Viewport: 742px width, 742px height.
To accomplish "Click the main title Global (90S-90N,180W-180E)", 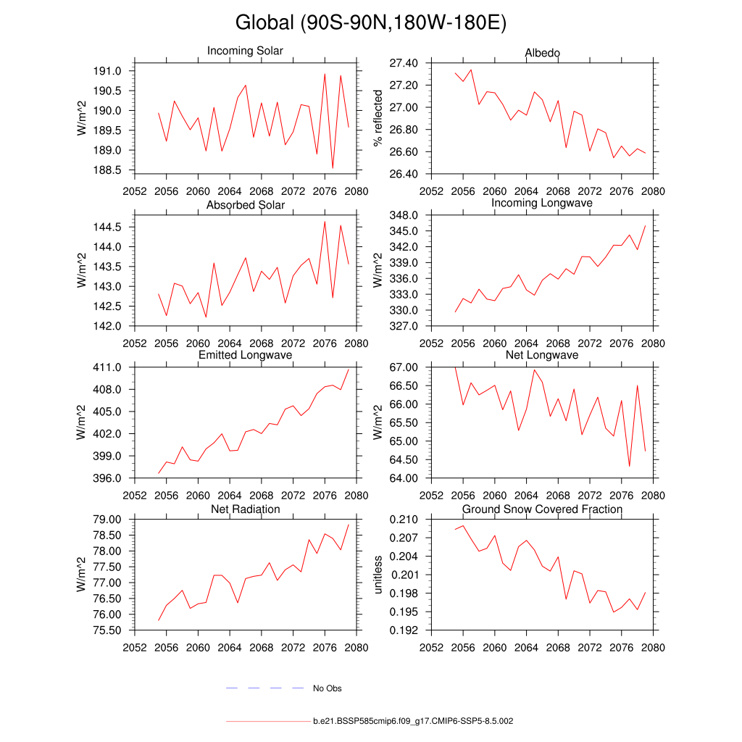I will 370,23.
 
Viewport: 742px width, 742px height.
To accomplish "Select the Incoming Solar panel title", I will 245,51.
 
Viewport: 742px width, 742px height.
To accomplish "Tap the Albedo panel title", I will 542,54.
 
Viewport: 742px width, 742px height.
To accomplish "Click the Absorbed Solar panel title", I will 245,205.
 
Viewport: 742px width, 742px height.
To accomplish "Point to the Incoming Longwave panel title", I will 542,204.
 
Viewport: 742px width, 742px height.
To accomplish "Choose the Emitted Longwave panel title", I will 245,355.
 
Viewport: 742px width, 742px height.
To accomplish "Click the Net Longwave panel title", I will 542,355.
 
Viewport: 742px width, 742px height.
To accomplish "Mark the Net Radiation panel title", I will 245,509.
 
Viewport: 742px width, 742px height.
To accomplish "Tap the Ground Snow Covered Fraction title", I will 542,509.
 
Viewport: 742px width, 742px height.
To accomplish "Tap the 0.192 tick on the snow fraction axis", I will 404,630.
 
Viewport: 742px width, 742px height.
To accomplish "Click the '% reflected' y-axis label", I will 378,118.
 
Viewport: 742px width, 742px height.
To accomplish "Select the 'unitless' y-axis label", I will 378,575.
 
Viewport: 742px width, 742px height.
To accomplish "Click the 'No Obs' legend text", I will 327,688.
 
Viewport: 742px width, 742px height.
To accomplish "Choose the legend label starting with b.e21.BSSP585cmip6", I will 413,722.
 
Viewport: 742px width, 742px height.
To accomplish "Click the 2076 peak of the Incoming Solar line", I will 325,74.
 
